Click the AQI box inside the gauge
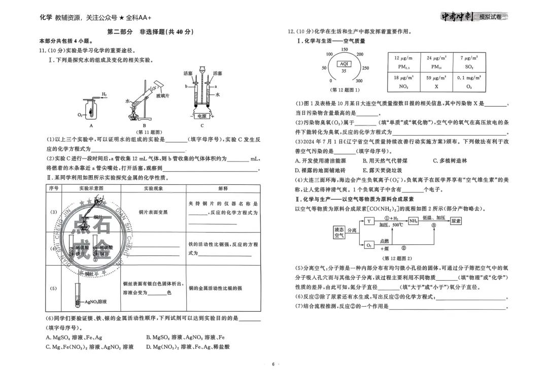(x=344, y=63)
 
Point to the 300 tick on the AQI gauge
(x=359, y=81)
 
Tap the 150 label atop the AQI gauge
(x=345, y=49)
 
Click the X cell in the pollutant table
(x=436, y=86)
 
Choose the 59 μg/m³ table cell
(x=436, y=78)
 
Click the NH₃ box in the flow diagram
(x=414, y=221)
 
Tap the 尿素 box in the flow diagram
(x=456, y=221)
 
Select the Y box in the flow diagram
(x=369, y=221)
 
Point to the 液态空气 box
(x=339, y=233)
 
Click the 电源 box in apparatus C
(x=202, y=116)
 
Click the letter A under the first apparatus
(x=91, y=125)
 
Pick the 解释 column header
(x=223, y=188)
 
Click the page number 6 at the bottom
(x=273, y=364)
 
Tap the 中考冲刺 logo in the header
(x=457, y=17)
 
